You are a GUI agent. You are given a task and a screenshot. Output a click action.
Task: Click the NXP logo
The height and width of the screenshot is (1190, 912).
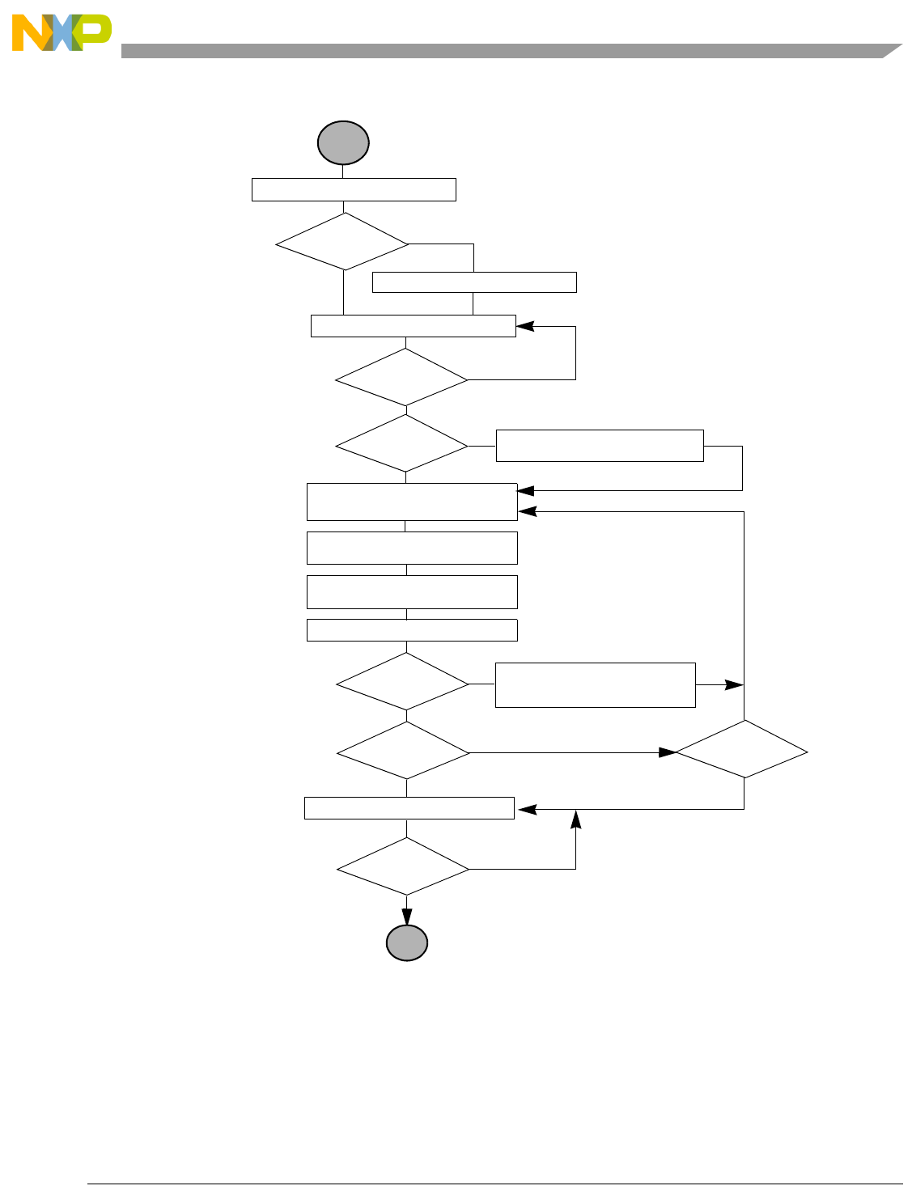[x=62, y=32]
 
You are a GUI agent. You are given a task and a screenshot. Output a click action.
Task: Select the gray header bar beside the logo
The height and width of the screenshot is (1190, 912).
[x=502, y=51]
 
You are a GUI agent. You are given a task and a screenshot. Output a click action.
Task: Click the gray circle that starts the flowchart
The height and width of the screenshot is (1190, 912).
[x=343, y=143]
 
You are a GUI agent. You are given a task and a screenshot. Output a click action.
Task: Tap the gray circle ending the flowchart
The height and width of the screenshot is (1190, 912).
[x=406, y=943]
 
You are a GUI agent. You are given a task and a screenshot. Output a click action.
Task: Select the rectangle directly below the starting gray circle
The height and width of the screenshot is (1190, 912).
[x=354, y=189]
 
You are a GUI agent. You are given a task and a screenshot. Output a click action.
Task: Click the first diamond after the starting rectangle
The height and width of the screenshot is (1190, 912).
[x=342, y=242]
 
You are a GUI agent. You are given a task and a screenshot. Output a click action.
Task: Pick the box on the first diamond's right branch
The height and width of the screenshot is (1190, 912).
[x=474, y=282]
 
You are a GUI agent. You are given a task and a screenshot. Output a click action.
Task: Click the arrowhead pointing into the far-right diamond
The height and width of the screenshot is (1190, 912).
[x=668, y=752]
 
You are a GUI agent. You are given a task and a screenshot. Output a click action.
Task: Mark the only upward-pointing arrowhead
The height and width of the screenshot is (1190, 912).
[x=575, y=819]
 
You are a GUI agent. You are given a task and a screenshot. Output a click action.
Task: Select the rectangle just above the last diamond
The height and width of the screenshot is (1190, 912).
[x=409, y=808]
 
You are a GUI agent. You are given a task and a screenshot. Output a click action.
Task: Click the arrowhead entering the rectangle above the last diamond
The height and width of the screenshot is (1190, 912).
[x=526, y=808]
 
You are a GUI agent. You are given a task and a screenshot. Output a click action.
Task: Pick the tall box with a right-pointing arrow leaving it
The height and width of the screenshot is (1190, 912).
[x=595, y=685]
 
